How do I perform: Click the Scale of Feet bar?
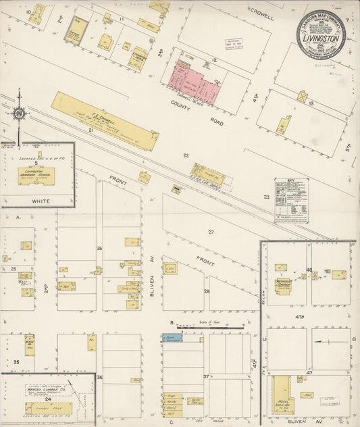tap(209, 327)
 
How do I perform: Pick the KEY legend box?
tap(291, 200)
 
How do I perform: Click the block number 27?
tap(211, 232)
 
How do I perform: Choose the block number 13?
tap(311, 103)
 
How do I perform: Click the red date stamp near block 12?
tap(234, 45)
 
